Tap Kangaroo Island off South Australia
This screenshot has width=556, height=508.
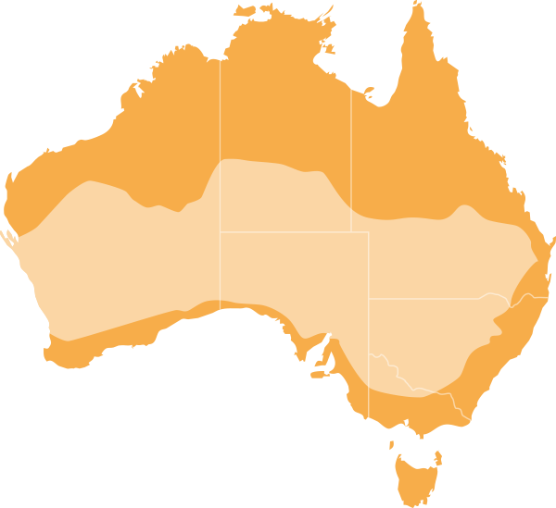[320, 374]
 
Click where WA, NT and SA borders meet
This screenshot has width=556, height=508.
[220, 231]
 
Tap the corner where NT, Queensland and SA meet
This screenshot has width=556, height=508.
[351, 231]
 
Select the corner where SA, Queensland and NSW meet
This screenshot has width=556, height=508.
[369, 298]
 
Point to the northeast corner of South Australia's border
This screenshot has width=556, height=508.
[369, 232]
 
